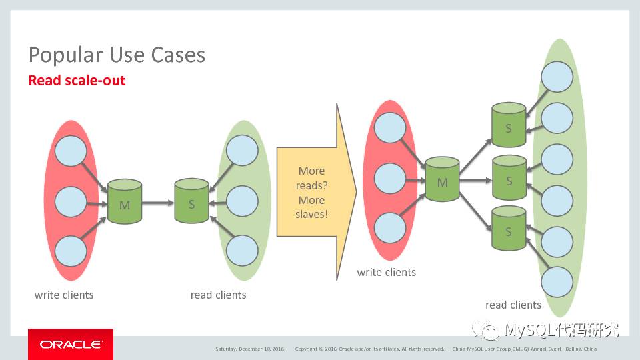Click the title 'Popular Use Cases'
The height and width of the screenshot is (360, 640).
point(117,54)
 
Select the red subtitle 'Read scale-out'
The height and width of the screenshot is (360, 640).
point(77,81)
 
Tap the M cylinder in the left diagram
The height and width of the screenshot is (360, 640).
point(125,201)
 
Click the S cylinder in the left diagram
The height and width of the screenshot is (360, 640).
point(191,201)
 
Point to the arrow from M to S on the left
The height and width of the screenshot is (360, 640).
point(157,201)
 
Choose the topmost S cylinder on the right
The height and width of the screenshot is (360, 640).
point(509,124)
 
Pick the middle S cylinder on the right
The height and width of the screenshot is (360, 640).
point(509,178)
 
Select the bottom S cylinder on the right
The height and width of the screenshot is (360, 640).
point(509,229)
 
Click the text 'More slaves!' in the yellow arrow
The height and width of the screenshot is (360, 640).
point(311,207)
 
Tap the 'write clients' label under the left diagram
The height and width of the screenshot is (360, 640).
point(64,295)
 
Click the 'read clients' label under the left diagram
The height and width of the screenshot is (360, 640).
point(218,295)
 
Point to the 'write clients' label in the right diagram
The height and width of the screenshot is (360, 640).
point(386,272)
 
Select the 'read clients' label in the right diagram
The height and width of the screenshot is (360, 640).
point(513,305)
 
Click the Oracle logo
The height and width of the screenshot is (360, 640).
point(71,344)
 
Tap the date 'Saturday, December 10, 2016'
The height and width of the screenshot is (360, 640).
point(249,349)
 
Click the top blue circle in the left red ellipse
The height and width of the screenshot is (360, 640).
point(70,152)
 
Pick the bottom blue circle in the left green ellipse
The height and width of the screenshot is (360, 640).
point(242,250)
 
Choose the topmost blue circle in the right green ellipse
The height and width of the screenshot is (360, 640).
point(557,77)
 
